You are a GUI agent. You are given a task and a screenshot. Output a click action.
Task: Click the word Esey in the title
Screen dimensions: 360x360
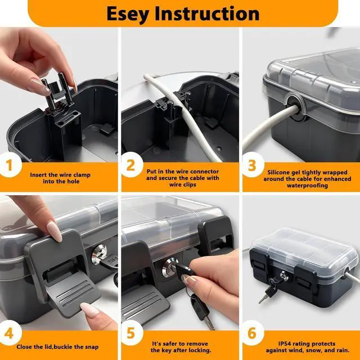(x=128, y=14)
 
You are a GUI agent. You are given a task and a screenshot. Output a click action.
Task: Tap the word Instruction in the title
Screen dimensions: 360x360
(x=207, y=13)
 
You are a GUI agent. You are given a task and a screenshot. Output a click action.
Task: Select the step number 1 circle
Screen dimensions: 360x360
(x=10, y=165)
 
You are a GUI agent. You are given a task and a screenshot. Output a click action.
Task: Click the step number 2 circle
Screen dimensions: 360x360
(x=131, y=165)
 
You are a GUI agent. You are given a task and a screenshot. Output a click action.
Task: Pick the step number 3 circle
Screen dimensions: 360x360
(x=252, y=165)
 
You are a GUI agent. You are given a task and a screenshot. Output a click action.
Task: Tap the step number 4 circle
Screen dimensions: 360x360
(x=10, y=333)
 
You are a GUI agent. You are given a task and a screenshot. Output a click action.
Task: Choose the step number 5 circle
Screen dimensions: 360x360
(x=131, y=333)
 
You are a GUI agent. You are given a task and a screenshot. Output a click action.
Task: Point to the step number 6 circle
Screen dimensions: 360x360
(x=252, y=333)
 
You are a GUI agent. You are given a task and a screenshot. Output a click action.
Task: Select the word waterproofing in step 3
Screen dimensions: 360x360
(x=307, y=186)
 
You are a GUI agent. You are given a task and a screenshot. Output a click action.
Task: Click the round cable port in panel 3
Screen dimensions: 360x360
(x=296, y=107)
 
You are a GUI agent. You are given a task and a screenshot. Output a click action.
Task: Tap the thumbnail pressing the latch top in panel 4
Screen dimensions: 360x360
(x=54, y=231)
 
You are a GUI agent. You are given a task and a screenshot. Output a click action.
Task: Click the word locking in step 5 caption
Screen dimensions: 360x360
(x=200, y=350)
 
